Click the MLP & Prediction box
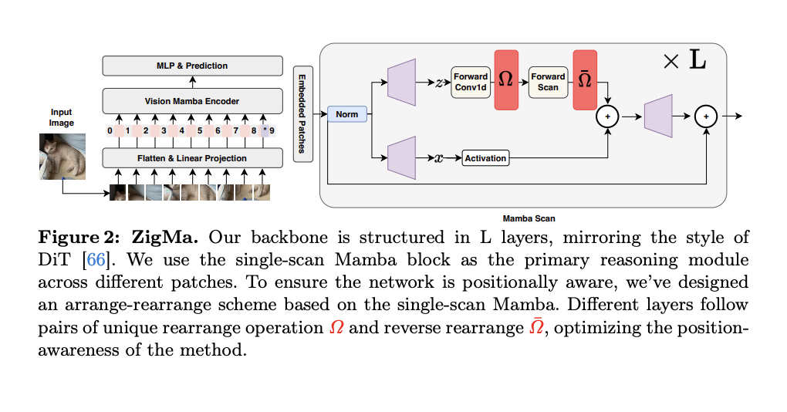click(192, 66)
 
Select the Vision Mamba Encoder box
click(192, 101)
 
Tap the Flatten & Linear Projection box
click(192, 158)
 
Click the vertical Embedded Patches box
click(302, 113)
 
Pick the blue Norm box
click(346, 114)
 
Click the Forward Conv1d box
click(470, 81)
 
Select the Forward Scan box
click(548, 81)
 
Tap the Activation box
click(485, 158)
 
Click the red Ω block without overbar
click(506, 79)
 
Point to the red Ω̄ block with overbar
click(585, 79)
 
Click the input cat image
click(62, 157)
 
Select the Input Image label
click(62, 117)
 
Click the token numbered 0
click(110, 131)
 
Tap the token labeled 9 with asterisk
click(268, 131)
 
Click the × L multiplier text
click(684, 61)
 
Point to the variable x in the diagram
click(438, 158)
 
